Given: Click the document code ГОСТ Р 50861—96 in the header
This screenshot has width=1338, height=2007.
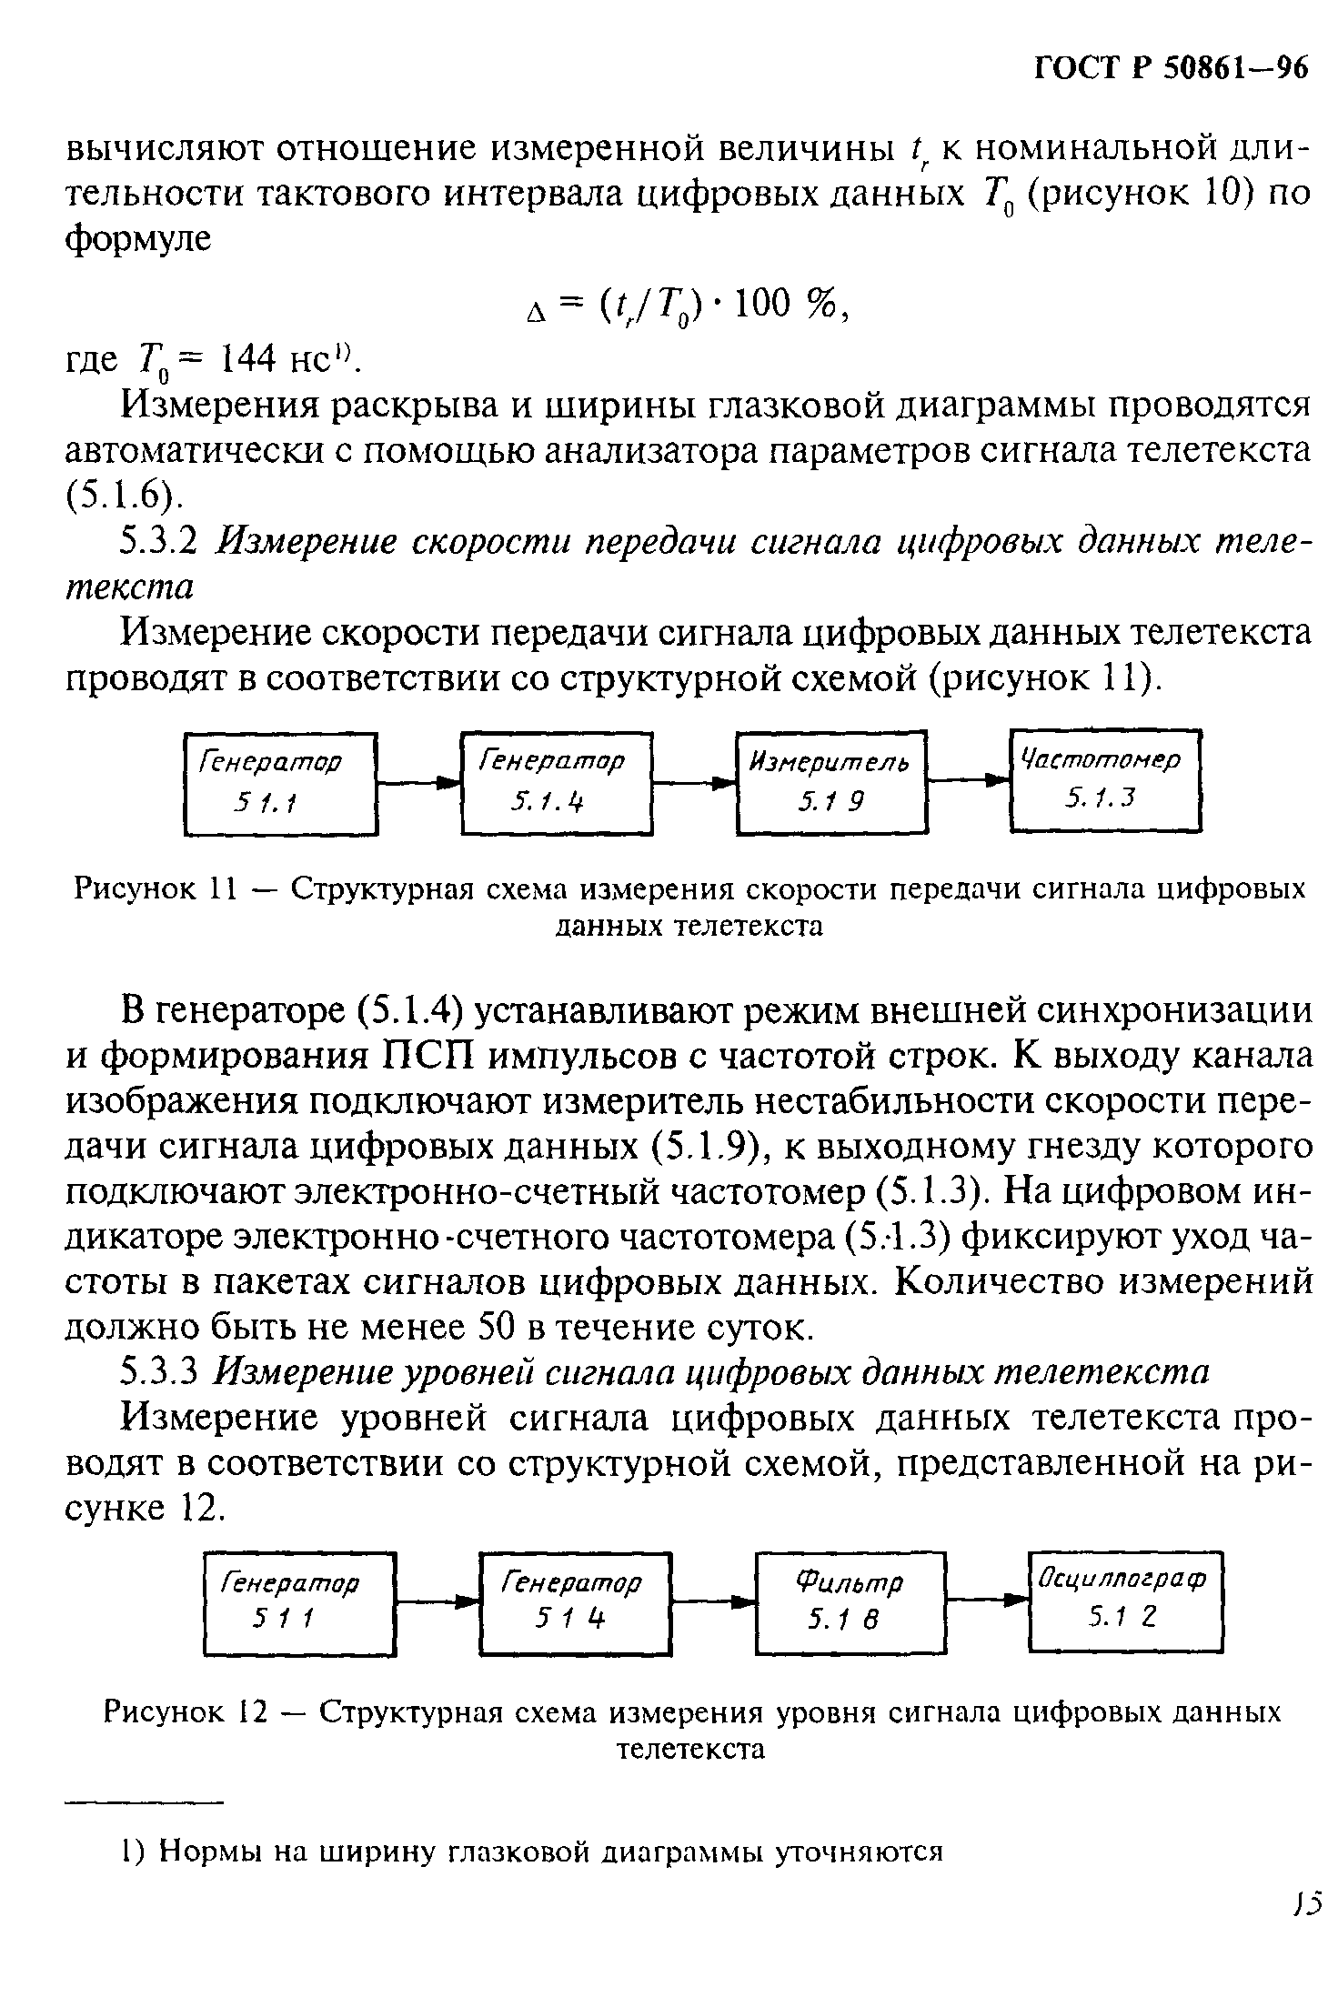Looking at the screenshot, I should pos(1171,71).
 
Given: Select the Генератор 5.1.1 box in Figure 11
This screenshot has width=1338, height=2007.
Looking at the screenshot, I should pos(281,783).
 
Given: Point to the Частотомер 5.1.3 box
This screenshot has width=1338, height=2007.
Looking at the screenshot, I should pos(1105,780).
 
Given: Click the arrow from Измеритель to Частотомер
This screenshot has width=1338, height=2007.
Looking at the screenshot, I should pos(970,779).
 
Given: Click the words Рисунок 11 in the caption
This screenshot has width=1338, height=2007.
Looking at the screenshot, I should pos(156,888).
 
